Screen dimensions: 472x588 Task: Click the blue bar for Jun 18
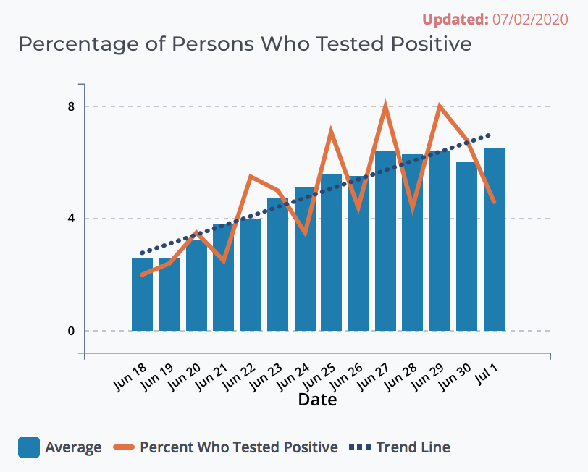(142, 295)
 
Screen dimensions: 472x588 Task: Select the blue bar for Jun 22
(251, 275)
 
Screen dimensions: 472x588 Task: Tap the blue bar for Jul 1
(494, 240)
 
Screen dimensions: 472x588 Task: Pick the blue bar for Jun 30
(466, 247)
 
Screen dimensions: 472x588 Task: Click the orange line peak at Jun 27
(386, 107)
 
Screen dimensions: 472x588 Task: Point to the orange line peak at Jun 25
(331, 131)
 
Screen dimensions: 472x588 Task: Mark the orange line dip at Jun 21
(224, 261)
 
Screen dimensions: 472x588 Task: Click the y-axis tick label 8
(71, 106)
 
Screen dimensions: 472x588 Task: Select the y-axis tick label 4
(71, 219)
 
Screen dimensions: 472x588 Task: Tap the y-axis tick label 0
(71, 331)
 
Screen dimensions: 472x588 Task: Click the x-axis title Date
(317, 399)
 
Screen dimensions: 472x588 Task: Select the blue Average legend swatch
(28, 447)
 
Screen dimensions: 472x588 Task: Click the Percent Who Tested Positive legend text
(238, 447)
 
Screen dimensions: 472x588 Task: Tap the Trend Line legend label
(413, 447)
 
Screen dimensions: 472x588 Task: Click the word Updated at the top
(453, 19)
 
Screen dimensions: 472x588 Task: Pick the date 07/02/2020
(531, 19)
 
